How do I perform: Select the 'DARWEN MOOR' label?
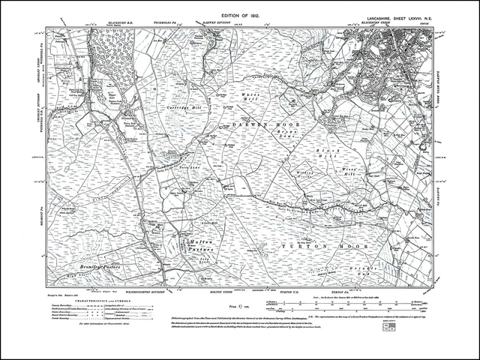tap(259, 123)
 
